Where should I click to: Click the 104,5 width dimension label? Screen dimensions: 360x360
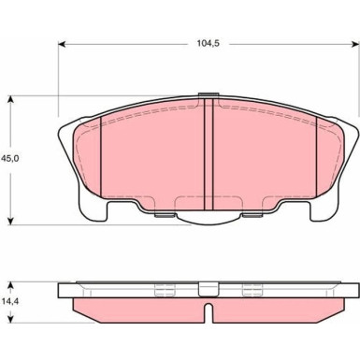pos(208,43)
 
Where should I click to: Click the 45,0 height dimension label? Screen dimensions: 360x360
pos(10,158)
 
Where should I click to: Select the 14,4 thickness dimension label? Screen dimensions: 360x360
pos(9,301)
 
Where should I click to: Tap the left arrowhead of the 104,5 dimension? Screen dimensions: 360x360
pos(62,44)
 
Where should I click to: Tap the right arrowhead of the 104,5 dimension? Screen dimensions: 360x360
pos(355,44)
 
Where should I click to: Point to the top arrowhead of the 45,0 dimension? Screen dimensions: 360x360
pos(11,99)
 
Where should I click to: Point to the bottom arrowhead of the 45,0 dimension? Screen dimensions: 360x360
pos(11,221)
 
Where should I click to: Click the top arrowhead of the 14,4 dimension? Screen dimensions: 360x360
pos(11,286)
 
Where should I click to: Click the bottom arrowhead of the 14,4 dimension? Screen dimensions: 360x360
pos(11,319)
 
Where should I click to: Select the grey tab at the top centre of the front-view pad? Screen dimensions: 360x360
pos(208,94)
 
